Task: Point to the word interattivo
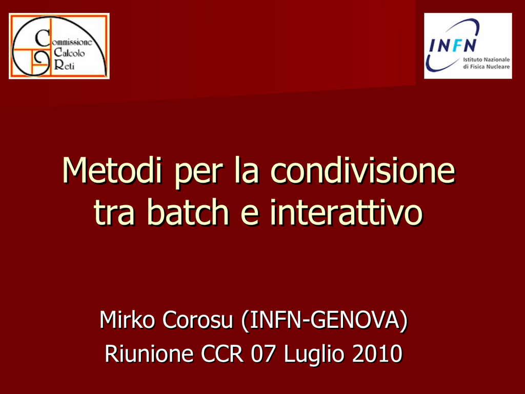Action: coord(346,212)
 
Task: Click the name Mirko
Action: coord(127,320)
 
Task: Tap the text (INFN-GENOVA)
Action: coord(325,321)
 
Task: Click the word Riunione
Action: coord(149,354)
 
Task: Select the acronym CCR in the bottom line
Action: coord(222,354)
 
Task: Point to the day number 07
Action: coord(264,354)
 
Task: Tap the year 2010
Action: coord(377,354)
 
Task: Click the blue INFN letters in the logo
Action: coord(453,46)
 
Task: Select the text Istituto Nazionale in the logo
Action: coord(487,60)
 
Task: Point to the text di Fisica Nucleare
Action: coord(487,67)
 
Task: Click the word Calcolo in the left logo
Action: coord(69,53)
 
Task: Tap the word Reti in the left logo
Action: coord(64,65)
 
